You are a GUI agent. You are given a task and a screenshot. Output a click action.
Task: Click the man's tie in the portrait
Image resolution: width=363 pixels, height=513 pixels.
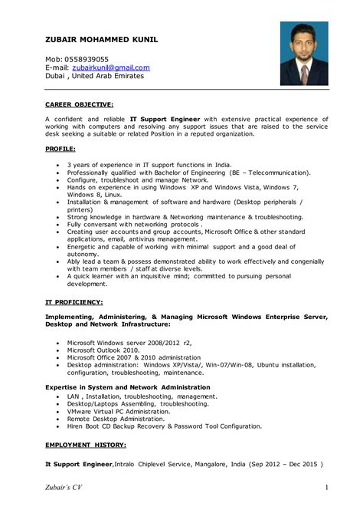[304, 73]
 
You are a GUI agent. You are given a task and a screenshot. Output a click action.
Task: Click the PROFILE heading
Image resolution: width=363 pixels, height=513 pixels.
[60, 147]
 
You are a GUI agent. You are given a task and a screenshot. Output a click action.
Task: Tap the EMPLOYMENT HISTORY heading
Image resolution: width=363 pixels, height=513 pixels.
[86, 445]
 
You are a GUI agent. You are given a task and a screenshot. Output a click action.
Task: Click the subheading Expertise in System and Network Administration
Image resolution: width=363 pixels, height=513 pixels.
[127, 387]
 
